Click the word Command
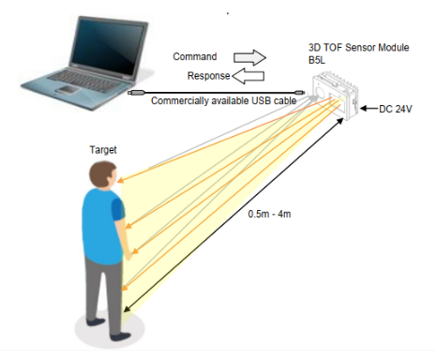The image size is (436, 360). pyautogui.click(x=195, y=56)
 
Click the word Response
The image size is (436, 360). pyautogui.click(x=208, y=76)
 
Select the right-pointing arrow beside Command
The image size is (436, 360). pyautogui.click(x=249, y=57)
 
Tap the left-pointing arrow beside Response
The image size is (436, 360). pyautogui.click(x=248, y=77)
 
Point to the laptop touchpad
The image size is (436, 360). pyautogui.click(x=67, y=90)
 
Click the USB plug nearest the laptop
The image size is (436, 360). pyautogui.click(x=137, y=93)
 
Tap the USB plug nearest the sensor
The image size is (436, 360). pyautogui.click(x=299, y=93)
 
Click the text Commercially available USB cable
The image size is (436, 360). pyautogui.click(x=223, y=101)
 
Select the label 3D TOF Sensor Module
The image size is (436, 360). pyautogui.click(x=358, y=48)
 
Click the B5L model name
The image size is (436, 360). pyautogui.click(x=316, y=60)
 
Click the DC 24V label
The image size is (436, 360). pyautogui.click(x=395, y=109)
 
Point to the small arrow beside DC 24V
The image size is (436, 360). pyautogui.click(x=369, y=109)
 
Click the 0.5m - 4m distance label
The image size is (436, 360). pyautogui.click(x=269, y=214)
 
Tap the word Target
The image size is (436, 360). pyautogui.click(x=103, y=150)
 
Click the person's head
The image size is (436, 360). pyautogui.click(x=103, y=175)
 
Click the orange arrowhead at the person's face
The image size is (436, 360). pyautogui.click(x=121, y=180)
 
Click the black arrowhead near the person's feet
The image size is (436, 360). pyautogui.click(x=127, y=308)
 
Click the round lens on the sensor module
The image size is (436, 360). pyautogui.click(x=320, y=92)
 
